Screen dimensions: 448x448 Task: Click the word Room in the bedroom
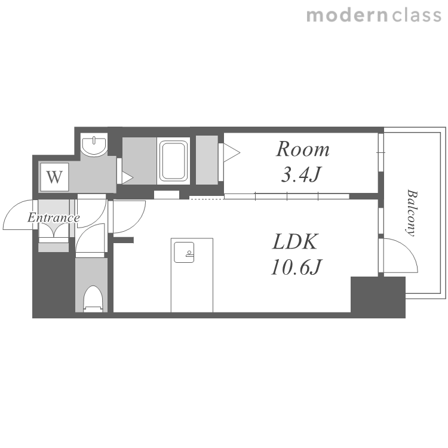point(303,149)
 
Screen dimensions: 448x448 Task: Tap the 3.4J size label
point(301,174)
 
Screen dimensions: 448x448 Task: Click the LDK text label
point(295,242)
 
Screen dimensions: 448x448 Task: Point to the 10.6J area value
point(296,267)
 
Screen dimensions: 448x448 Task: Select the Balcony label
point(412,213)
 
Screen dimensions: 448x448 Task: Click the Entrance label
point(53,218)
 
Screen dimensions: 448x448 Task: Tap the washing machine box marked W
point(54,177)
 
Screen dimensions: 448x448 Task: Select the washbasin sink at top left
point(94,145)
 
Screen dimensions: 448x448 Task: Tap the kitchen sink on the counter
point(184,252)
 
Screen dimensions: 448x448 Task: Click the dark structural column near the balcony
point(378,297)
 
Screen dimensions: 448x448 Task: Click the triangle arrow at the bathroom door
point(127,177)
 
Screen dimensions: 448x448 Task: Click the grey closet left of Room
point(207,160)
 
